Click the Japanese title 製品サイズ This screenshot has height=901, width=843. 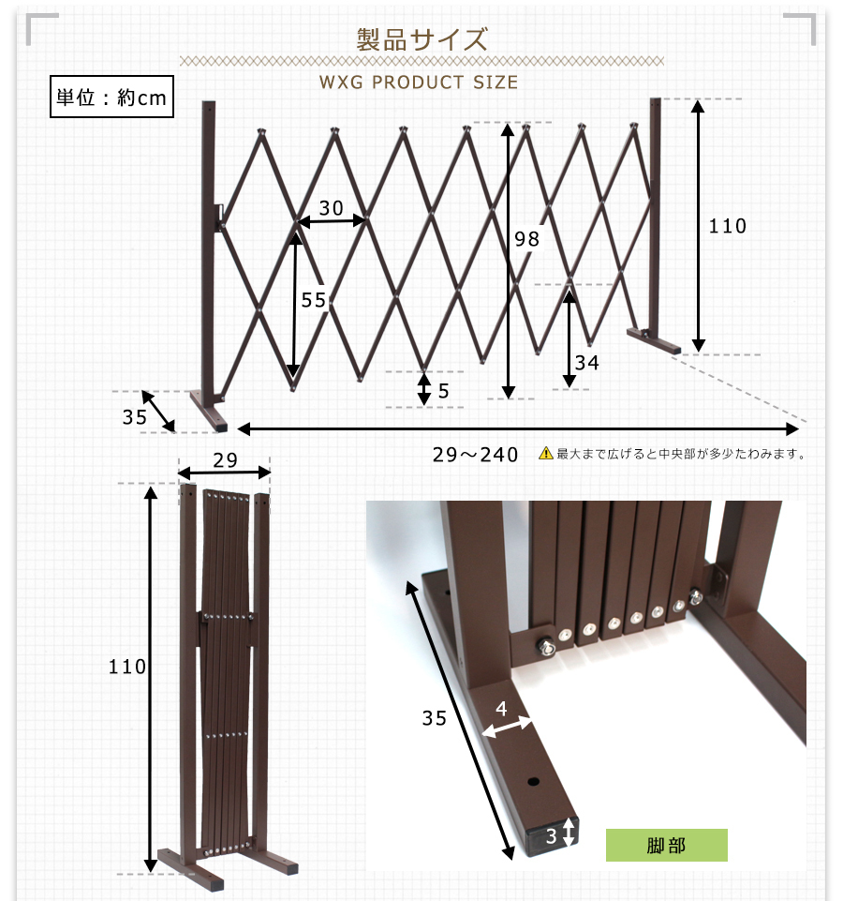[x=422, y=39]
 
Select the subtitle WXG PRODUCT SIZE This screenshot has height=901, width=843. [x=419, y=83]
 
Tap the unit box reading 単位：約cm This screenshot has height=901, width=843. [x=111, y=97]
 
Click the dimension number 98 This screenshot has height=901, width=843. [x=526, y=238]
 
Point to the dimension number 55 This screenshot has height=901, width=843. [x=314, y=299]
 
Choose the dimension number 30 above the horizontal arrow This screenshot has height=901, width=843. [x=332, y=207]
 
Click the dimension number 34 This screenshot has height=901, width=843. [x=587, y=363]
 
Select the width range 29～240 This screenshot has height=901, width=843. [x=476, y=455]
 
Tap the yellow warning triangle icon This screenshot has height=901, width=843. [x=545, y=454]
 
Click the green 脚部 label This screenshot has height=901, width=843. [x=667, y=846]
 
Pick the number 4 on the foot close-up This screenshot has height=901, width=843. [x=501, y=709]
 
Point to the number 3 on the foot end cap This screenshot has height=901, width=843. [x=552, y=836]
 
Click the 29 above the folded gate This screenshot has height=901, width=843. [x=225, y=459]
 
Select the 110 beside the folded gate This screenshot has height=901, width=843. [x=127, y=667]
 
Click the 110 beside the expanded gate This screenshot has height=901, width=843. [x=728, y=226]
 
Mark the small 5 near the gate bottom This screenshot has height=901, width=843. [x=443, y=391]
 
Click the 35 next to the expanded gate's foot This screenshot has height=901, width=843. [x=135, y=416]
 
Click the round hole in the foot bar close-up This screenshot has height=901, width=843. [x=534, y=782]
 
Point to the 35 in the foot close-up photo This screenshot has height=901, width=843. [x=434, y=717]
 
